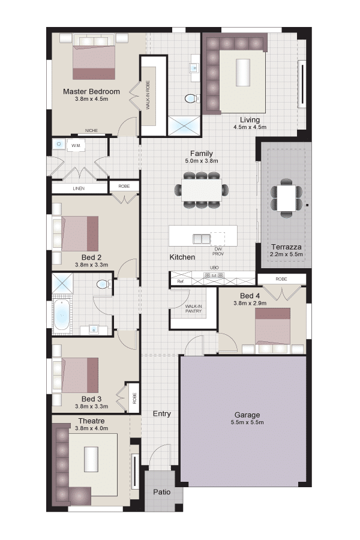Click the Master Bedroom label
point(91,92)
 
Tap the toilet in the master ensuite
point(191,99)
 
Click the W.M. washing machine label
point(76,146)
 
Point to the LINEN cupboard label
point(79,189)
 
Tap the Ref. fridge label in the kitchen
point(181,281)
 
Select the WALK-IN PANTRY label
point(193,308)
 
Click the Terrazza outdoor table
point(286,199)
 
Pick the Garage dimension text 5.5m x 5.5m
point(247,422)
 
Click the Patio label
point(162,492)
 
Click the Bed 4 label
point(250,296)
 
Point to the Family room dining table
point(202,190)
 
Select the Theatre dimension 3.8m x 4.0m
point(91,428)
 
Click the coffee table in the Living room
point(242,73)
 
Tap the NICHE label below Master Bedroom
point(91,131)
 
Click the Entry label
point(162,413)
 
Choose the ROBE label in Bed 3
point(134,398)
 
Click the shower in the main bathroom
point(62,284)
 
